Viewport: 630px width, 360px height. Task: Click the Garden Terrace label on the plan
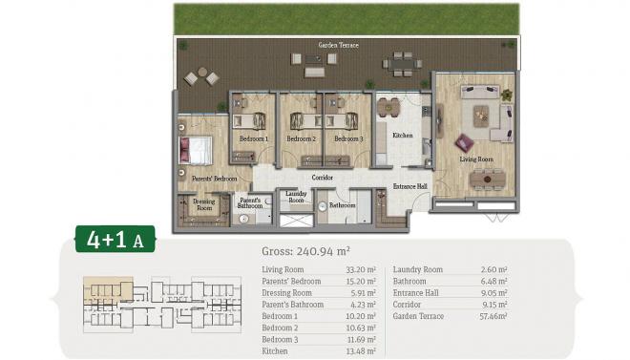point(338,45)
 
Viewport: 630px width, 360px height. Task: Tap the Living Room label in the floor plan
point(473,159)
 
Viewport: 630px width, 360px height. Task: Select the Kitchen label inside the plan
point(403,136)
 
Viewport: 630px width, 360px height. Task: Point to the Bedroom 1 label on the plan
point(253,139)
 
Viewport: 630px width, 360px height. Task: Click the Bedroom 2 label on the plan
point(301,139)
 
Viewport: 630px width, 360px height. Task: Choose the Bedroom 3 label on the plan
point(348,139)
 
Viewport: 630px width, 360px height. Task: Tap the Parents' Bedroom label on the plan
point(214,179)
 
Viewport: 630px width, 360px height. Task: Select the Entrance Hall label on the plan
point(410,186)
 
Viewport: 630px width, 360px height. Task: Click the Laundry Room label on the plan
point(296,198)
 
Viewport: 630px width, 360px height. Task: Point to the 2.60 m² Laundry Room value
point(494,270)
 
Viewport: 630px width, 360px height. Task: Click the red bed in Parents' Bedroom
point(199,150)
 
